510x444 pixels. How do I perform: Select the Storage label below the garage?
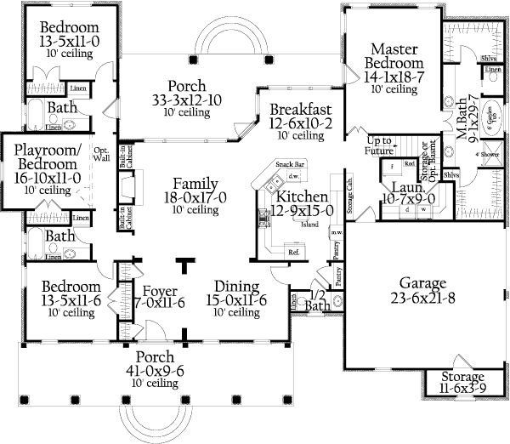(x=463, y=376)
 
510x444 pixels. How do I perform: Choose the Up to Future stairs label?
(x=380, y=145)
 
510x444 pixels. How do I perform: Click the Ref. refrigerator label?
(x=294, y=252)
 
